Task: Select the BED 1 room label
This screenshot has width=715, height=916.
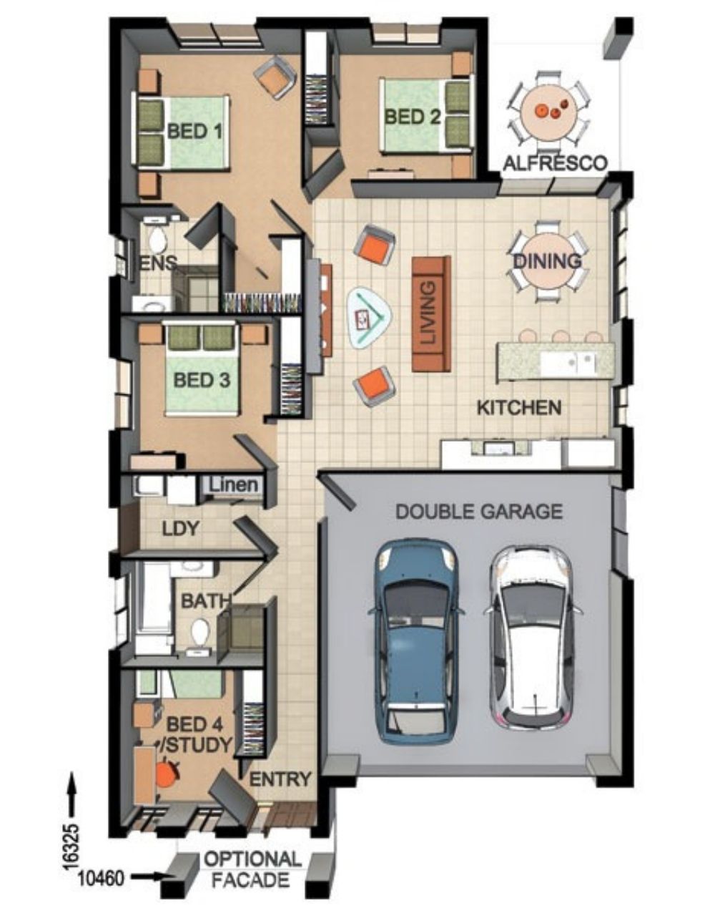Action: [x=194, y=132]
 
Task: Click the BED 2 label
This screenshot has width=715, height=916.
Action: [x=412, y=117]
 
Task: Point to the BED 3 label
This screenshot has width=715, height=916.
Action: [x=202, y=380]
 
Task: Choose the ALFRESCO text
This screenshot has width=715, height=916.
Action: [x=556, y=163]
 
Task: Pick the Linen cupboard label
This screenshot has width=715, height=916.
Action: [x=234, y=484]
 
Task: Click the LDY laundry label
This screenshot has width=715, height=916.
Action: [x=180, y=529]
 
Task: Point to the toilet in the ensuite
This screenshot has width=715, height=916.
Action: [x=157, y=238]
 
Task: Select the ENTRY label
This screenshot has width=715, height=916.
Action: [x=280, y=767]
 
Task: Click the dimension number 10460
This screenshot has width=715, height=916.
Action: [x=102, y=864]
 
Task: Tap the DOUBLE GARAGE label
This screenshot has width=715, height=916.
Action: [x=480, y=512]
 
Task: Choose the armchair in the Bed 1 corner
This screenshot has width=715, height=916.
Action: [x=275, y=77]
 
